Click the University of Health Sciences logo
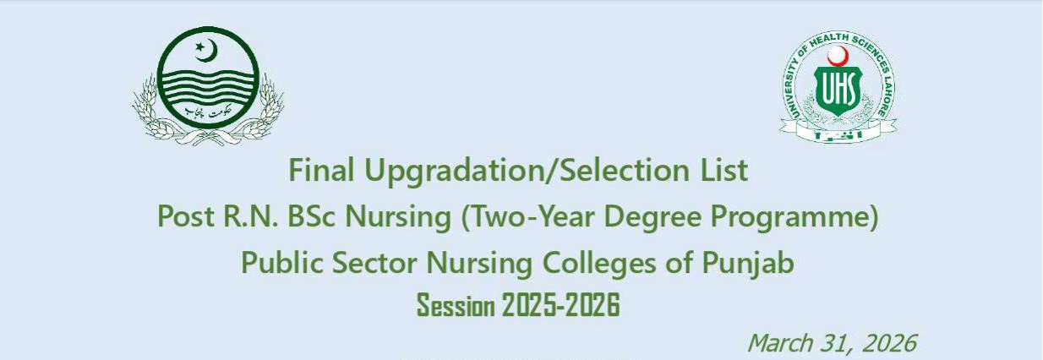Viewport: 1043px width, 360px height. coord(838,85)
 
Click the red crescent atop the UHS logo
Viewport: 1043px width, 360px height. coord(838,56)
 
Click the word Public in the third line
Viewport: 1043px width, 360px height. coord(276,263)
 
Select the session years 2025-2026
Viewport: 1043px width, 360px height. coord(560,305)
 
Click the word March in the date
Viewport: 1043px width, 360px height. coord(778,343)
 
